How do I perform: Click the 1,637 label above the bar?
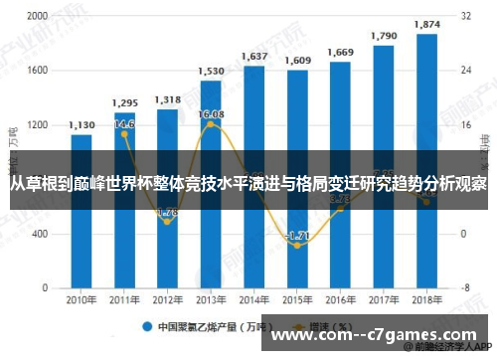pyautogui.click(x=254, y=56)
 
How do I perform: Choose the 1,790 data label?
pyautogui.click(x=384, y=36)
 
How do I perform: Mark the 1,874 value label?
pyautogui.click(x=427, y=24)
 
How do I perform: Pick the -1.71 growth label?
pyautogui.click(x=297, y=235)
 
